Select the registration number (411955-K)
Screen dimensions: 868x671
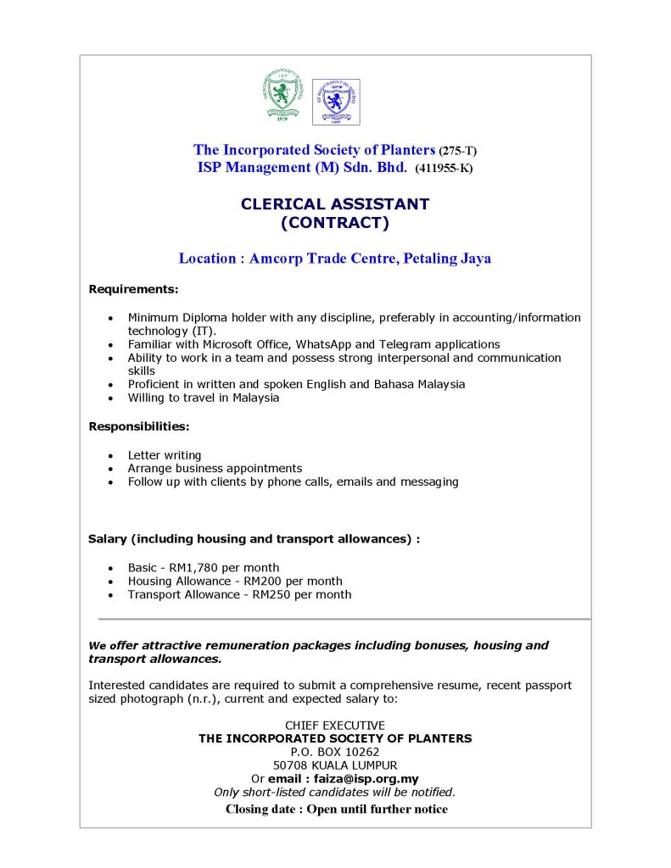(444, 168)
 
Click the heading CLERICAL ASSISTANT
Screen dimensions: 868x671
(335, 204)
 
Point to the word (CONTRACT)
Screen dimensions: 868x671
(335, 224)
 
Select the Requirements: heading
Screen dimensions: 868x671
(133, 289)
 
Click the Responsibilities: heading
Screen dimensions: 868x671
(139, 426)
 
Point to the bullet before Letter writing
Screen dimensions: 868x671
(110, 456)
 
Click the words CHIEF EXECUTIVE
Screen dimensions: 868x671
(335, 726)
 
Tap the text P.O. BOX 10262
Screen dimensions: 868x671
(335, 752)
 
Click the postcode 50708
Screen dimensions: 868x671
(303, 765)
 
